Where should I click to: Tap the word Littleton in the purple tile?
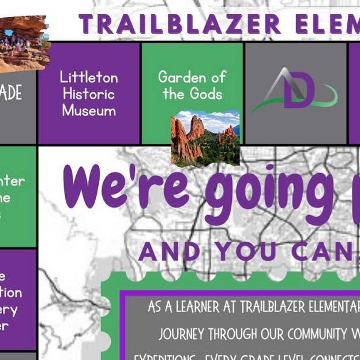click(89, 77)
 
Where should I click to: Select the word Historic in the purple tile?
click(89, 93)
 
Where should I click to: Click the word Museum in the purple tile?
click(89, 110)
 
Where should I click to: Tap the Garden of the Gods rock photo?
click(205, 137)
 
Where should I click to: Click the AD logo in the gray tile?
click(294, 91)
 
